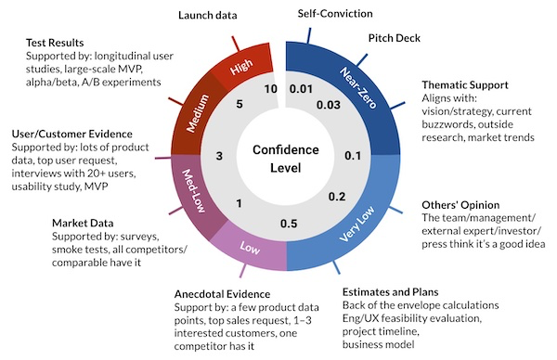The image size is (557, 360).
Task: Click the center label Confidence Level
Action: [x=286, y=160]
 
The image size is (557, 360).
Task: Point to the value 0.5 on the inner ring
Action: [x=288, y=224]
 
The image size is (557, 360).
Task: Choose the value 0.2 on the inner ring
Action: [x=337, y=196]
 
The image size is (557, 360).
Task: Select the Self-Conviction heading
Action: [x=336, y=14]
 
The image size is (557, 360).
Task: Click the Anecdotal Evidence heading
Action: [x=226, y=295]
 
